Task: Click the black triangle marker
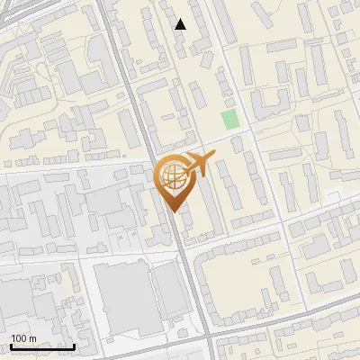[x=181, y=24]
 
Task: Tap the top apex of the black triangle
[x=181, y=19]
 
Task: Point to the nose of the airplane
[x=212, y=157]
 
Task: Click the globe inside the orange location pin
[x=171, y=176]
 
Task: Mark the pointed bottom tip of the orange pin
[x=172, y=211]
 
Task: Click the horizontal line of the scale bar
[x=42, y=347]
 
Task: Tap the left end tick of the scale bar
[x=11, y=345]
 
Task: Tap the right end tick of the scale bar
[x=74, y=345]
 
